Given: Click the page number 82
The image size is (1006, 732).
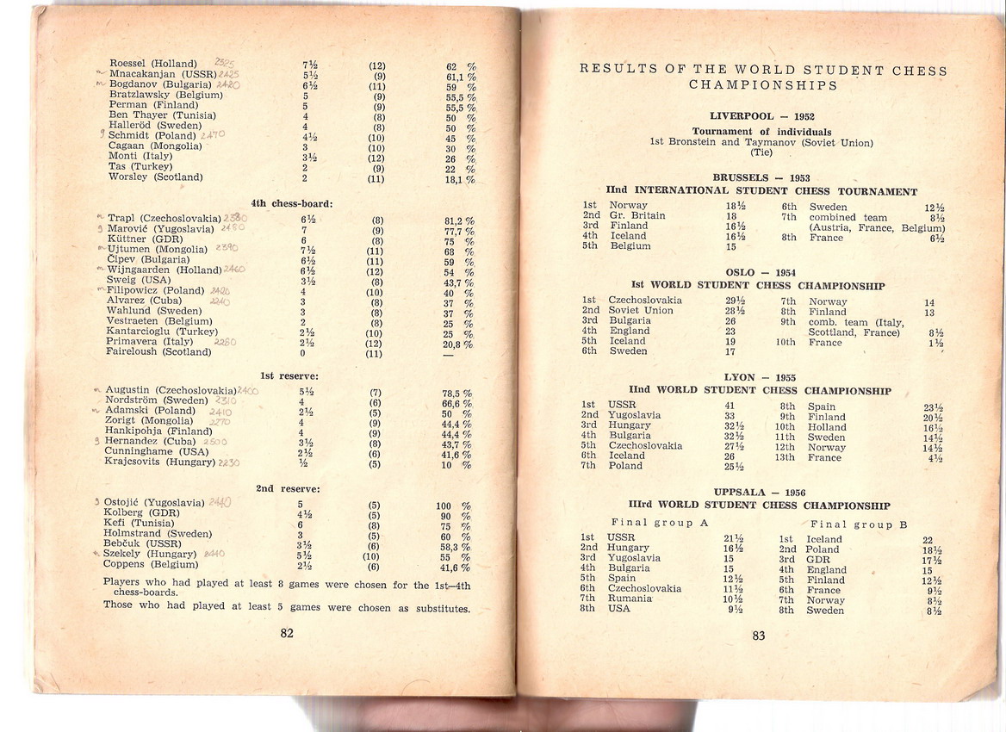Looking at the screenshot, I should click(287, 633).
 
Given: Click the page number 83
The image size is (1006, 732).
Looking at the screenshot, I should click(758, 636).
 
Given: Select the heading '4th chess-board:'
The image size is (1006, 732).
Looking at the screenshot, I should click(292, 203).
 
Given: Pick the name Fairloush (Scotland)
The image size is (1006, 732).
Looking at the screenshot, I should click(158, 351).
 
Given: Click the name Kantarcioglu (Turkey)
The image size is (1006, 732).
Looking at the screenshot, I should click(162, 332).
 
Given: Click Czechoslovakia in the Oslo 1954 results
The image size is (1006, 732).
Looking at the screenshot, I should click(645, 300).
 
